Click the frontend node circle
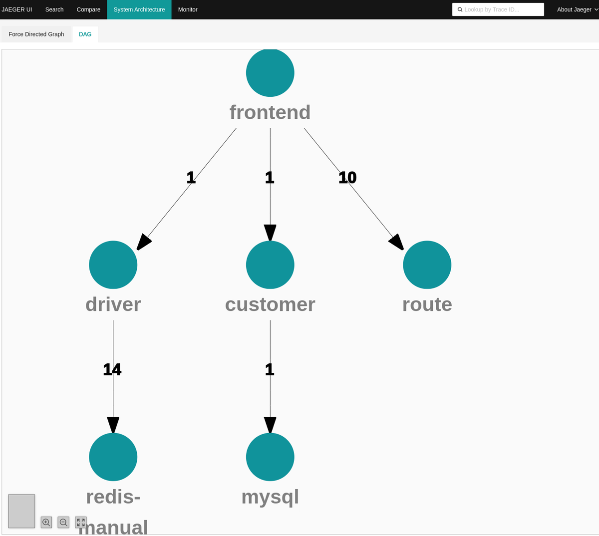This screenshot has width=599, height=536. coord(270,73)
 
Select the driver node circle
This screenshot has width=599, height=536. coord(113,265)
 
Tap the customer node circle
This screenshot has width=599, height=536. coord(270,265)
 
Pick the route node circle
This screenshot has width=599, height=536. coord(427,265)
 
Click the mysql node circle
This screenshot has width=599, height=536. coord(270,457)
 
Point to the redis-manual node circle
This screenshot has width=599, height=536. coord(113,457)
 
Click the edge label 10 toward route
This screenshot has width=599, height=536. coord(347,177)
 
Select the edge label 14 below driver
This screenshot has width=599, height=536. coord(112,369)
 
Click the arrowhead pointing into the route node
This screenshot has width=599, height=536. coord(397,242)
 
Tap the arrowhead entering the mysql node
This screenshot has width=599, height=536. coord(270,425)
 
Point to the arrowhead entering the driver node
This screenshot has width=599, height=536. coord(144,242)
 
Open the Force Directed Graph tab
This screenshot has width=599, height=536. coord(36,34)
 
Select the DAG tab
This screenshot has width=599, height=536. coord(85,34)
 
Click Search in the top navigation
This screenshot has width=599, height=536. coord(54,9)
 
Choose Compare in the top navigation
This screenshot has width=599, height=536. coord(88,9)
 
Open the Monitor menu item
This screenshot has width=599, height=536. coord(188,9)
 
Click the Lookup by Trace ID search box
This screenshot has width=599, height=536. coord(498,9)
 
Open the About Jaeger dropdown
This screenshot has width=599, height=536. coord(577,9)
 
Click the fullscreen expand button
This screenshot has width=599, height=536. coord(81,522)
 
